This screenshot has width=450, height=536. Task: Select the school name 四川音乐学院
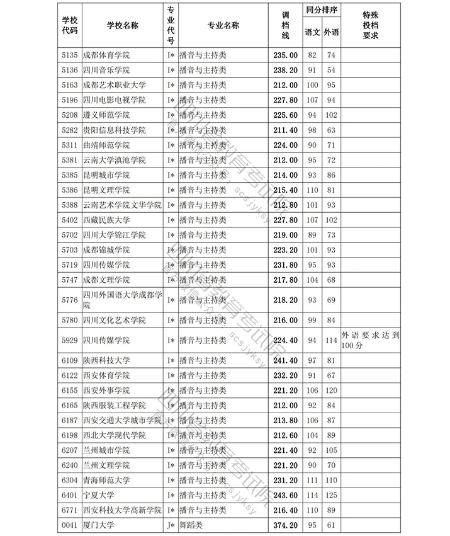106,70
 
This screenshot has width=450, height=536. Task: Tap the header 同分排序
322,11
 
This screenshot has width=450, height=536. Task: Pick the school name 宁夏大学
98,494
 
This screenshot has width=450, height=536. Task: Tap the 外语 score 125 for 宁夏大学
332,494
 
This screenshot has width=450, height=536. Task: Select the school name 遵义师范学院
106,115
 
